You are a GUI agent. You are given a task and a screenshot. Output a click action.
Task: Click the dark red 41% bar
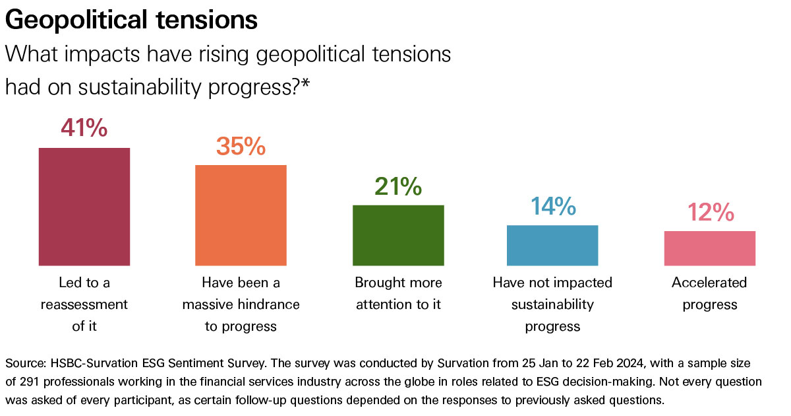(x=84, y=206)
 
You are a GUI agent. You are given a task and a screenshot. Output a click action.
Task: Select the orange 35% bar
(x=241, y=215)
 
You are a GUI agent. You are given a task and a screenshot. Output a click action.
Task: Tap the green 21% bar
(x=398, y=235)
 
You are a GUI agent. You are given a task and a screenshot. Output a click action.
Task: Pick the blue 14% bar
(x=552, y=245)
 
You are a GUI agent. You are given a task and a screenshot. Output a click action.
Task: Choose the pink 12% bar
(x=709, y=248)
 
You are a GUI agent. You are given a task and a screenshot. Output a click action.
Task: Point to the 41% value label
(x=84, y=128)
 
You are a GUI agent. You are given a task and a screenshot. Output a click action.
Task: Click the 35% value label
(x=241, y=146)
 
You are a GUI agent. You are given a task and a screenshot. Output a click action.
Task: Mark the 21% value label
(x=398, y=187)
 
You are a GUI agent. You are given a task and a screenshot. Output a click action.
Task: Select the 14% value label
(x=552, y=207)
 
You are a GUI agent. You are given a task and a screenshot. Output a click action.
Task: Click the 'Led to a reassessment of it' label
(x=84, y=304)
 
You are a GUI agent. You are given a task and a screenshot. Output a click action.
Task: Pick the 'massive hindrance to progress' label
(x=241, y=304)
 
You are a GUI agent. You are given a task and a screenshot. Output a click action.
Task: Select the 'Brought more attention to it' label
(x=398, y=293)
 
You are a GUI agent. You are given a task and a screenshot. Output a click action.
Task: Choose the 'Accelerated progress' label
(x=709, y=293)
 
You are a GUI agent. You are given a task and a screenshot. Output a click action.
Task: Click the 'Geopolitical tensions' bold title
(x=131, y=20)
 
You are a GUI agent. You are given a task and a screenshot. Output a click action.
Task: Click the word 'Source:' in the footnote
(x=24, y=364)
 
